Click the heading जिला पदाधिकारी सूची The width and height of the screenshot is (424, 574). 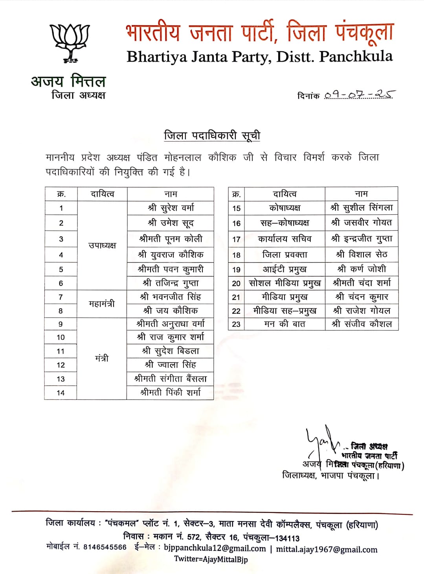(x=212, y=136)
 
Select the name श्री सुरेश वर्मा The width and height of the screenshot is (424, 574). (x=171, y=208)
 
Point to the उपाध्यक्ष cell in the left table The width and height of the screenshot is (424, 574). (x=102, y=246)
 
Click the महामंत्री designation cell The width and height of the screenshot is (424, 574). (x=102, y=304)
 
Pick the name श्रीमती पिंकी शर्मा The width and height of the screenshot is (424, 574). (x=171, y=392)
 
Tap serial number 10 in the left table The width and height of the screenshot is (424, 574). (x=61, y=337)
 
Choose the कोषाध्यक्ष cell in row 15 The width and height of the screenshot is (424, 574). (x=285, y=208)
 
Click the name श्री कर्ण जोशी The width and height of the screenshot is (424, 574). (x=362, y=269)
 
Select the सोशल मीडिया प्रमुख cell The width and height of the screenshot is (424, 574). (x=285, y=283)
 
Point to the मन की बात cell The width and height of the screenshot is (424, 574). (x=285, y=324)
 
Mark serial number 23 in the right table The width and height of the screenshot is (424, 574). (x=236, y=324)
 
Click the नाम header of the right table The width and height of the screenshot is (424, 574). (x=362, y=194)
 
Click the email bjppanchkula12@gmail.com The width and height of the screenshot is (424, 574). (x=215, y=548)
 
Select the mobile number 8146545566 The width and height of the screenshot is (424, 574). (x=105, y=547)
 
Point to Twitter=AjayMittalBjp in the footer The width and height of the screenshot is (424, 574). (x=211, y=559)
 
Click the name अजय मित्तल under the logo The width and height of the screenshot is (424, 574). (x=68, y=81)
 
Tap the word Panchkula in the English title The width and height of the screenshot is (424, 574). (x=356, y=56)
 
